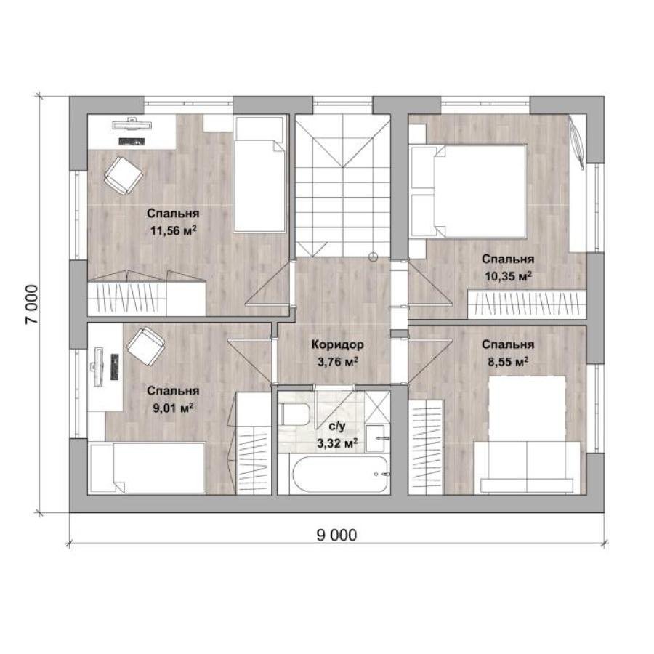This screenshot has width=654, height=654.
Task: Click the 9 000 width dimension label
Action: point(336,535)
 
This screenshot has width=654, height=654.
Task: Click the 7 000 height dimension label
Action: point(31,304)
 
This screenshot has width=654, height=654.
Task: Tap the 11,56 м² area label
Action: point(174,230)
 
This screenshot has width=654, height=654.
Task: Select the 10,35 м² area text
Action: point(508,276)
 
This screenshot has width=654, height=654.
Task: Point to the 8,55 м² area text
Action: point(508,362)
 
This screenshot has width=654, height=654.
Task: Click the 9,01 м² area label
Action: point(173,408)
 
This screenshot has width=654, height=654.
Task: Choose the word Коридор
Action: point(338,345)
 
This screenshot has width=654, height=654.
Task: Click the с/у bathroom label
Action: point(337,427)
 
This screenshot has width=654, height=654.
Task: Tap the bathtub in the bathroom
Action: point(340,475)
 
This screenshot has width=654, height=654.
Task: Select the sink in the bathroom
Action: point(377,438)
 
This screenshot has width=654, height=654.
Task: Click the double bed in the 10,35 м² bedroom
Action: point(468,191)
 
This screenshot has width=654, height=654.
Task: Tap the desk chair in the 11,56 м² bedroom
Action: point(123,175)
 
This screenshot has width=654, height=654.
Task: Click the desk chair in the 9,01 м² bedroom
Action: point(145,347)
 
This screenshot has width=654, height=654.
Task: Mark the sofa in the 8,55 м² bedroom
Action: point(527,467)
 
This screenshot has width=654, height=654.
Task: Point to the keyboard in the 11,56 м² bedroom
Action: point(132,142)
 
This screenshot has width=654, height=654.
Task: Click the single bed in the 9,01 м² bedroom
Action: point(148,469)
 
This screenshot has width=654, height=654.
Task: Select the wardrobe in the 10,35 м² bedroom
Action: point(527,304)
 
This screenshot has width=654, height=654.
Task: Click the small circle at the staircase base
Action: point(374,257)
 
